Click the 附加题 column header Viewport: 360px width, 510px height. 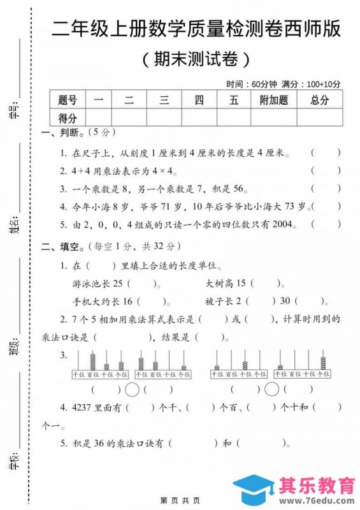(x=274, y=99)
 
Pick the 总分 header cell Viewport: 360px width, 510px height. (x=320, y=99)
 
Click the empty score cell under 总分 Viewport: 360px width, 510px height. (x=320, y=117)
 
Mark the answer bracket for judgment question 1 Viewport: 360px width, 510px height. (x=326, y=153)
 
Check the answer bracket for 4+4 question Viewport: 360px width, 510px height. (x=326, y=171)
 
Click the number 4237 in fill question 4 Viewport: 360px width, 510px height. (x=84, y=406)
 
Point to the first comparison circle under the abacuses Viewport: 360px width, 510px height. (x=133, y=389)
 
